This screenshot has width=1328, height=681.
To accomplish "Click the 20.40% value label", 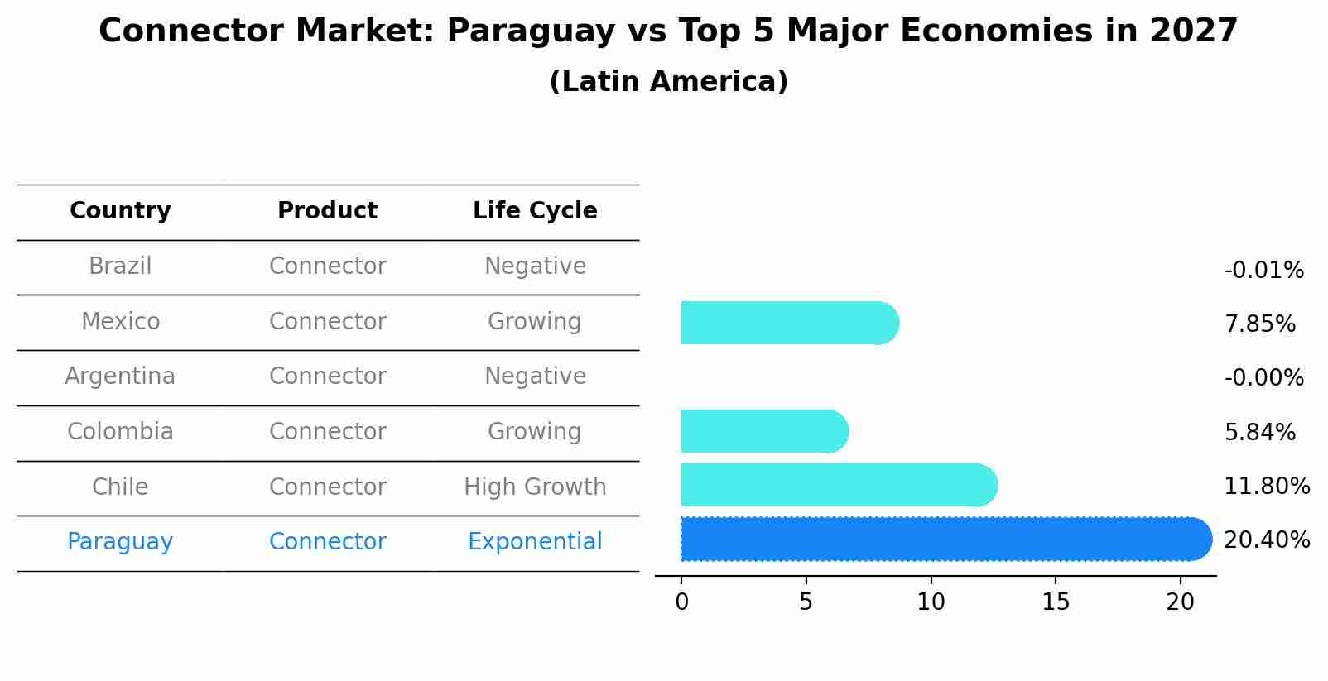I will pyautogui.click(x=1266, y=540).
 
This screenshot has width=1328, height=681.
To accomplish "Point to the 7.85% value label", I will pyautogui.click(x=1259, y=324).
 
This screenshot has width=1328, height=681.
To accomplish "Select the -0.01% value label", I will pyautogui.click(x=1263, y=271).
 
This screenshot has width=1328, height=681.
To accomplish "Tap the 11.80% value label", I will pyautogui.click(x=1266, y=487).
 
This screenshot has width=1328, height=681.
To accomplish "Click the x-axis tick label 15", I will pyautogui.click(x=1056, y=602).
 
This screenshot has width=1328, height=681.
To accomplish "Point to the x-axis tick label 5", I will pyautogui.click(x=806, y=602).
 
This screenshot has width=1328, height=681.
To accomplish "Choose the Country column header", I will pyautogui.click(x=120, y=211).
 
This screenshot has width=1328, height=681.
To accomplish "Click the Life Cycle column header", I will pyautogui.click(x=535, y=211).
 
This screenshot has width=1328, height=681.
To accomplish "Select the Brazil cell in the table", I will pyautogui.click(x=120, y=266).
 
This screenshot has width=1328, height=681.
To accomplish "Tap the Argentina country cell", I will pyautogui.click(x=120, y=376).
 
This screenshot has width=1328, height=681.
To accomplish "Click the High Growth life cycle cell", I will pyautogui.click(x=535, y=487).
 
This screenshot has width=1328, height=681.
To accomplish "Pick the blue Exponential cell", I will pyautogui.click(x=535, y=542).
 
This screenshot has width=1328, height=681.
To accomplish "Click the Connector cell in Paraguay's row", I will pyautogui.click(x=327, y=542).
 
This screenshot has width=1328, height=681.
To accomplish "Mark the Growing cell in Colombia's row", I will pyautogui.click(x=534, y=432).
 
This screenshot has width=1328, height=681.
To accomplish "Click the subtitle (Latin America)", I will pyautogui.click(x=668, y=82).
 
